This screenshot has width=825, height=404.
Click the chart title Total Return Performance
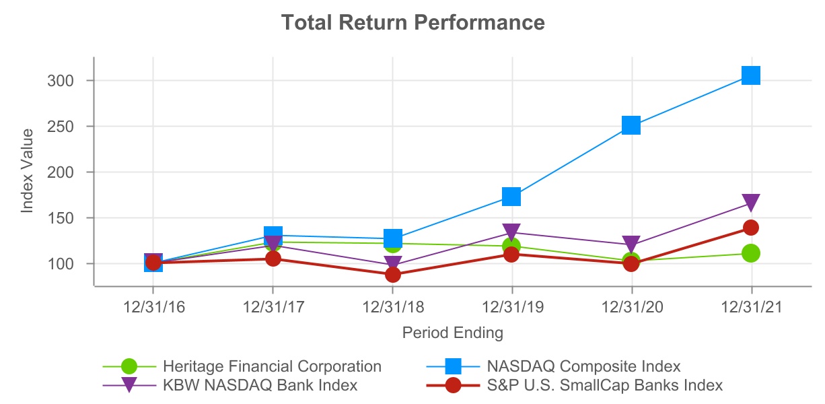tap(413, 22)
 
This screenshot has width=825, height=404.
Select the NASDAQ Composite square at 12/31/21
tap(751, 75)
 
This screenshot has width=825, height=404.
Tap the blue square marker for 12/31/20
tap(631, 125)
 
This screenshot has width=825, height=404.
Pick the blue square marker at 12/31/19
tap(511, 197)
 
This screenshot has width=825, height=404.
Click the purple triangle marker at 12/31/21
tap(751, 202)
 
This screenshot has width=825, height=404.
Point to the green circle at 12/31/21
tap(751, 253)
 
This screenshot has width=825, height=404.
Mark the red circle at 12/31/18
tap(393, 275)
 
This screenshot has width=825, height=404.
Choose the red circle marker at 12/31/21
tap(751, 228)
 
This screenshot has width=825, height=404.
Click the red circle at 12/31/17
tap(273, 259)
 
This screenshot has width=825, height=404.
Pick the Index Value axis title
tap(27, 172)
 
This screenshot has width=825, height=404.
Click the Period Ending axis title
tap(452, 333)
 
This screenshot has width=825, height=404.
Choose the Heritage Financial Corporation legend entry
tap(272, 367)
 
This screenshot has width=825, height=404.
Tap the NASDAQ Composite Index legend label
tap(583, 367)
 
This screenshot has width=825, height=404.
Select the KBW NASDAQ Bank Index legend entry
tap(260, 386)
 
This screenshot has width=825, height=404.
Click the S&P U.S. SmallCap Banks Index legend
tap(604, 386)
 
